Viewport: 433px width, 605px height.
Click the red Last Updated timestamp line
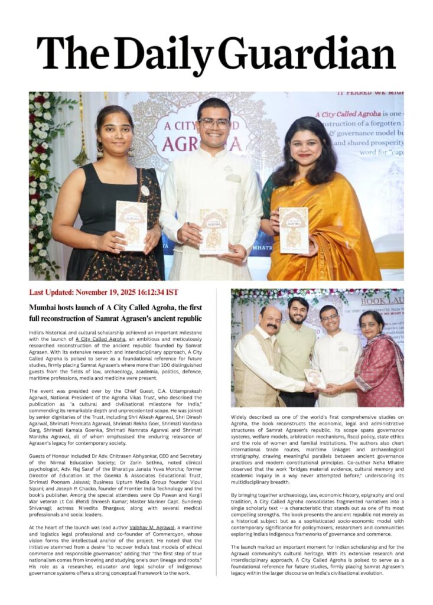(x=103, y=292)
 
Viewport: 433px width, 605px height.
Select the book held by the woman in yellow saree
(x=294, y=229)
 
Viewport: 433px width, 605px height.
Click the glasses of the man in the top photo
(x=214, y=123)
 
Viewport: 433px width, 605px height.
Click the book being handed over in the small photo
(x=314, y=378)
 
